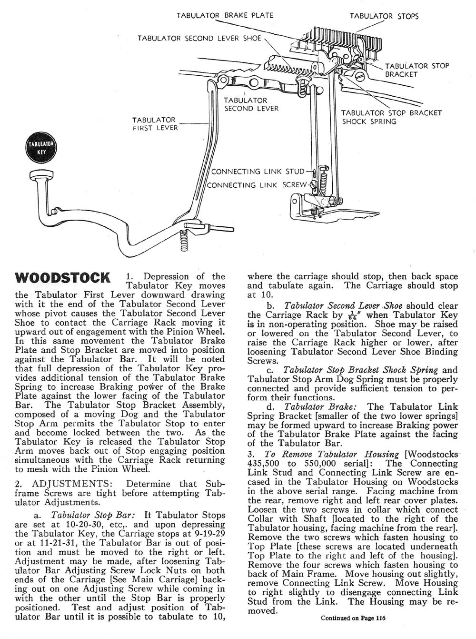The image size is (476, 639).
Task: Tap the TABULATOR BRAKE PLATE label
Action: click(225, 15)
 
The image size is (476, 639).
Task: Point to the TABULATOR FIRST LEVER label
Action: click(154, 123)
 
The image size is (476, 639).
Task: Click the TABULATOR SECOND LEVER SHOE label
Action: click(199, 38)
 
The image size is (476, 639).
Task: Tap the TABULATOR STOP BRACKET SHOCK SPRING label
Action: click(392, 117)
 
